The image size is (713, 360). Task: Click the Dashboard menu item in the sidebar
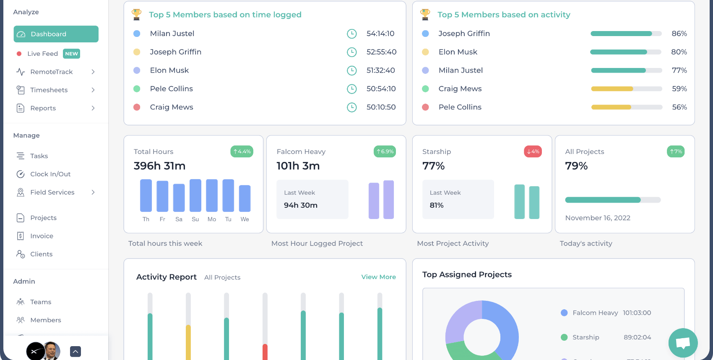[x=56, y=34]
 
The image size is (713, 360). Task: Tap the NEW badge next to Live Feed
[x=71, y=54]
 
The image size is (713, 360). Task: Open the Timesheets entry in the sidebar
[x=49, y=90]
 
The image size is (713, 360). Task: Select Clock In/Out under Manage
[x=50, y=174]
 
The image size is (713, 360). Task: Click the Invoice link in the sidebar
[x=42, y=236]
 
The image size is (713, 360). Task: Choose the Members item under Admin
[x=45, y=320]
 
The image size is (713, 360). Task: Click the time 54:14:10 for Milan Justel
[x=380, y=34]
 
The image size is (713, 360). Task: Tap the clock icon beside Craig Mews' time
[x=351, y=107]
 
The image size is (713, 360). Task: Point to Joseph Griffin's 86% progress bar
[x=626, y=34]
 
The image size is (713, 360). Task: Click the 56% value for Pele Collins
[x=679, y=107]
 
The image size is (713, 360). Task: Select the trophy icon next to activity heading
[x=425, y=15]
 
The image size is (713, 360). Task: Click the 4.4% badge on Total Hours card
[x=242, y=151]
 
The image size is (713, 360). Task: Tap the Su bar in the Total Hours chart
[x=195, y=196]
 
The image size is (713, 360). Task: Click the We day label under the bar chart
[x=245, y=219]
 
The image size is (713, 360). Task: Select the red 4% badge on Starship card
[x=533, y=151]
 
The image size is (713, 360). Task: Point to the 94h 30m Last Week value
[x=300, y=205]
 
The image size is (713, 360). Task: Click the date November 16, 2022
[x=597, y=218]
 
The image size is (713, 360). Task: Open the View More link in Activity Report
[x=378, y=277]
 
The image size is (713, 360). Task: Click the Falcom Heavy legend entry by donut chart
[x=595, y=313]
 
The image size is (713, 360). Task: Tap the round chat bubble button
[x=683, y=343]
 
